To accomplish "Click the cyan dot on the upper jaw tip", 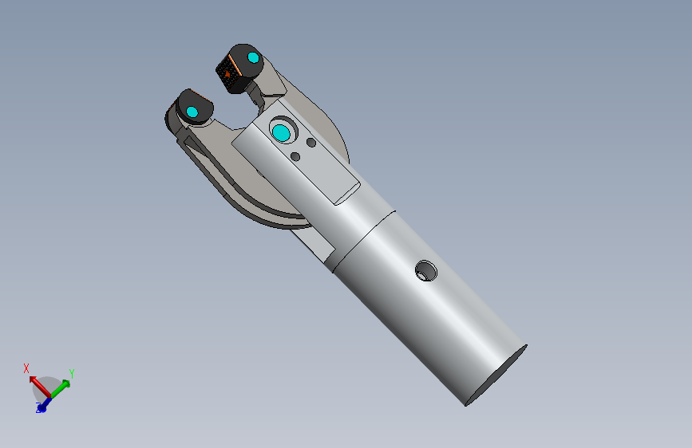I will tap(253, 57).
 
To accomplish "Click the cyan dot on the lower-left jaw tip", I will tap(192, 112).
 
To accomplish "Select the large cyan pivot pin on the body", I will tap(281, 132).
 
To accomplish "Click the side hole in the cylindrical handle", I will tap(426, 271).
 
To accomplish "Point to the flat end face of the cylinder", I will tap(496, 375).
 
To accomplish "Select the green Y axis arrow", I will tap(61, 386).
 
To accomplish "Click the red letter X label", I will tap(26, 368).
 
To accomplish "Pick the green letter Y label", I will tap(72, 373).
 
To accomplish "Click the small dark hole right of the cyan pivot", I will tap(310, 143).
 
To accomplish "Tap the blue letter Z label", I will tap(39, 411).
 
